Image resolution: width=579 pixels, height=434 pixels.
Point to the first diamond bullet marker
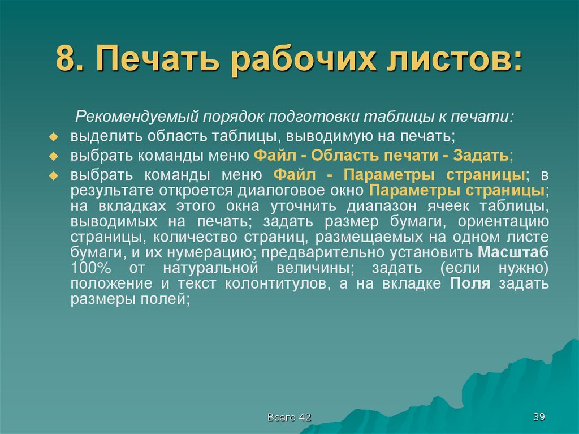pyautogui.click(x=54, y=137)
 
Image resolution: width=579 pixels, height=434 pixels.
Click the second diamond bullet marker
pyautogui.click(x=54, y=156)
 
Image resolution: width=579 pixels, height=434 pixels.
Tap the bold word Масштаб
pyautogui.click(x=513, y=252)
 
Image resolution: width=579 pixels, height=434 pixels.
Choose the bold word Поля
pyautogui.click(x=470, y=283)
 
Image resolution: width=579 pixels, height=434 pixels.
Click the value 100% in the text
pyautogui.click(x=91, y=268)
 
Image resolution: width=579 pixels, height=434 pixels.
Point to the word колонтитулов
pyautogui.click(x=276, y=283)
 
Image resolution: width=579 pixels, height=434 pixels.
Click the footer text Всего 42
pyautogui.click(x=289, y=417)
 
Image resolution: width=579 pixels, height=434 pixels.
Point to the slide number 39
pyautogui.click(x=538, y=417)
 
